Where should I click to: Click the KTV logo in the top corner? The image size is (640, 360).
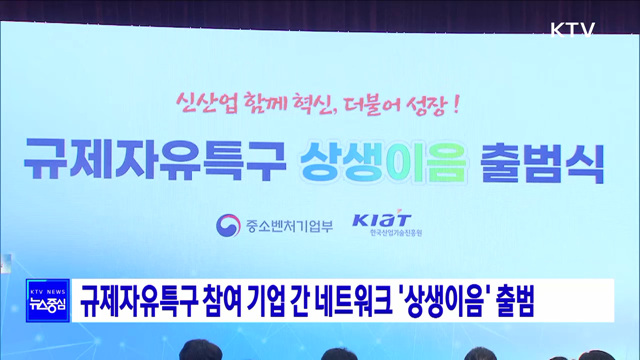coord(573,29)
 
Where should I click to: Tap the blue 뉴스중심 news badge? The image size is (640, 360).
coord(46,300)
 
